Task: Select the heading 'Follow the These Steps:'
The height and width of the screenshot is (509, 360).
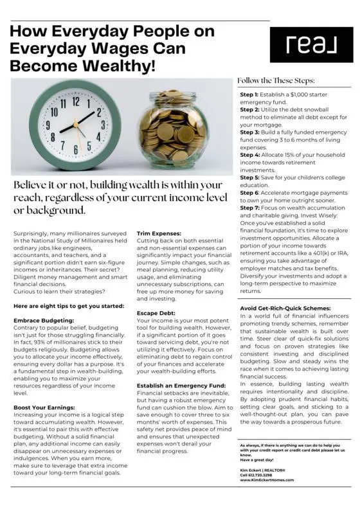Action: point(276,81)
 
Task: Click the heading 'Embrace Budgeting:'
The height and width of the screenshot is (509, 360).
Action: point(44,319)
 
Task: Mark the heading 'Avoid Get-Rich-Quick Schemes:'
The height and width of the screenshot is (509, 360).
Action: point(287,308)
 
